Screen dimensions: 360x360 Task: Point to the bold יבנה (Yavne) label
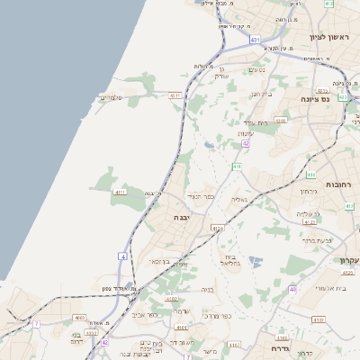184,217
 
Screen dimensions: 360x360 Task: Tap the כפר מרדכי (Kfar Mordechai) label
217,315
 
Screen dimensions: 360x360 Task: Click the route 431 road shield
256,40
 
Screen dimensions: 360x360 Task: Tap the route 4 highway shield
122,256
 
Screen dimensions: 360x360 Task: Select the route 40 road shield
292,289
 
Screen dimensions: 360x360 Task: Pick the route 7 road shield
36,324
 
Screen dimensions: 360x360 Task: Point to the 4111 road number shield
120,192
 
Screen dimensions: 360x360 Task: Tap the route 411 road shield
236,166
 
